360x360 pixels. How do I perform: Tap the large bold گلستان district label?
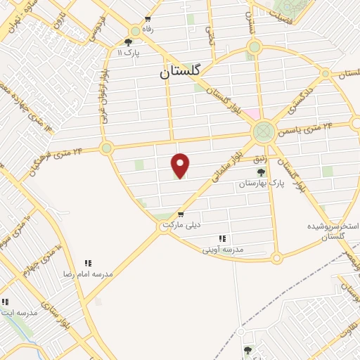180,71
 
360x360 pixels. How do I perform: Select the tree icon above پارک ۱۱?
128,43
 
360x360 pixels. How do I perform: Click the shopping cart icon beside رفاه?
148,20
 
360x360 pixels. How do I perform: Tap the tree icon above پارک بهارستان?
261,172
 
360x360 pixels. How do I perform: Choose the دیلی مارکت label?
181,224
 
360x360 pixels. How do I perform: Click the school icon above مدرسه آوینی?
223,239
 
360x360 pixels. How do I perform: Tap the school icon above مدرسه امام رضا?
89,262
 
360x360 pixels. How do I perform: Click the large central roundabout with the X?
264,130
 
